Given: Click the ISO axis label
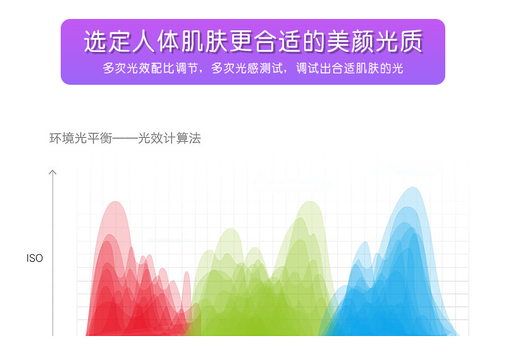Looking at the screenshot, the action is pyautogui.click(x=35, y=258).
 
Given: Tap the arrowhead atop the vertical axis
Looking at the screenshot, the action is pyautogui.click(x=52, y=172).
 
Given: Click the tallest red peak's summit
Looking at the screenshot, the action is pyautogui.click(x=115, y=201).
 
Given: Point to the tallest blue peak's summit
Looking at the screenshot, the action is pyautogui.click(x=412, y=187).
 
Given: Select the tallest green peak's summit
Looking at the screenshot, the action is pyautogui.click(x=310, y=201).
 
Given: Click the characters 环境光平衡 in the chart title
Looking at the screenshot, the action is pyautogui.click(x=81, y=138).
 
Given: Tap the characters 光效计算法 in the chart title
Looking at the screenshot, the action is pyautogui.click(x=170, y=138).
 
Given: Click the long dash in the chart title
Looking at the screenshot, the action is pyautogui.click(x=125, y=139).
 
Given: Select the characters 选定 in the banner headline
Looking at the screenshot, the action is pyautogui.click(x=108, y=42).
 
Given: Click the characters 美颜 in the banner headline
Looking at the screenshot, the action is pyautogui.click(x=351, y=42).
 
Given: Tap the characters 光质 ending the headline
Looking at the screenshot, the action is pyautogui.click(x=399, y=42).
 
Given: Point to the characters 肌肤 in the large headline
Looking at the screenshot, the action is pyautogui.click(x=205, y=42).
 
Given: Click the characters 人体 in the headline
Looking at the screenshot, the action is pyautogui.click(x=156, y=42).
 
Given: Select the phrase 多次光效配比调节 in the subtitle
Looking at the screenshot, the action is pyautogui.click(x=150, y=68).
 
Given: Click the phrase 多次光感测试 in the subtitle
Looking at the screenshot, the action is pyautogui.click(x=247, y=68).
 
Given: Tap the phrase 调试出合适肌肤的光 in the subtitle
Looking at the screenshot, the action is pyautogui.click(x=350, y=68).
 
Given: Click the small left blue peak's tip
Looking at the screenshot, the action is pyautogui.click(x=365, y=242).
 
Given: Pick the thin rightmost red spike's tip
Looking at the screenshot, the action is pyautogui.click(x=187, y=272).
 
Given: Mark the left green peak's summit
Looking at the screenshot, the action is pyautogui.click(x=230, y=229).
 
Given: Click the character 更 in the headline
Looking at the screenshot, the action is pyautogui.click(x=242, y=42).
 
